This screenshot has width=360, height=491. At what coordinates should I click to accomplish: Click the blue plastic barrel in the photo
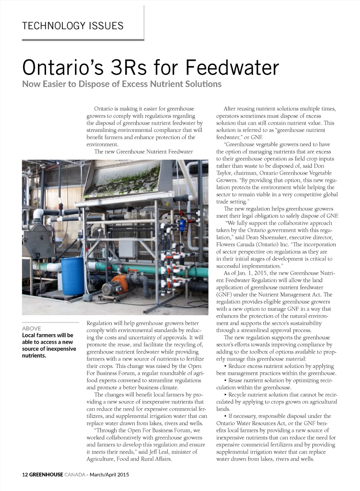click(x=73, y=276)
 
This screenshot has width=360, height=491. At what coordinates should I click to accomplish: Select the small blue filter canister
click(x=182, y=224)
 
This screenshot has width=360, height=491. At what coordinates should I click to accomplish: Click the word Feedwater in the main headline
click(x=232, y=68)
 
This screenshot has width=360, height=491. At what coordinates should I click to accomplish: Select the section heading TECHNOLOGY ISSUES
click(x=73, y=26)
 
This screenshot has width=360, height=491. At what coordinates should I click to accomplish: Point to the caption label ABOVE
click(x=32, y=328)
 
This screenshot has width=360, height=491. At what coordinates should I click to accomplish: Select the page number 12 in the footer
click(x=25, y=474)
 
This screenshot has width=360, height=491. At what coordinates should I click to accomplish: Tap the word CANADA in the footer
click(x=75, y=474)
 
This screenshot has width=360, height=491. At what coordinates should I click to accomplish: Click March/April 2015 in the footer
click(x=109, y=474)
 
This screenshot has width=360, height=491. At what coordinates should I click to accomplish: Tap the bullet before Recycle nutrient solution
click(x=225, y=395)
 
